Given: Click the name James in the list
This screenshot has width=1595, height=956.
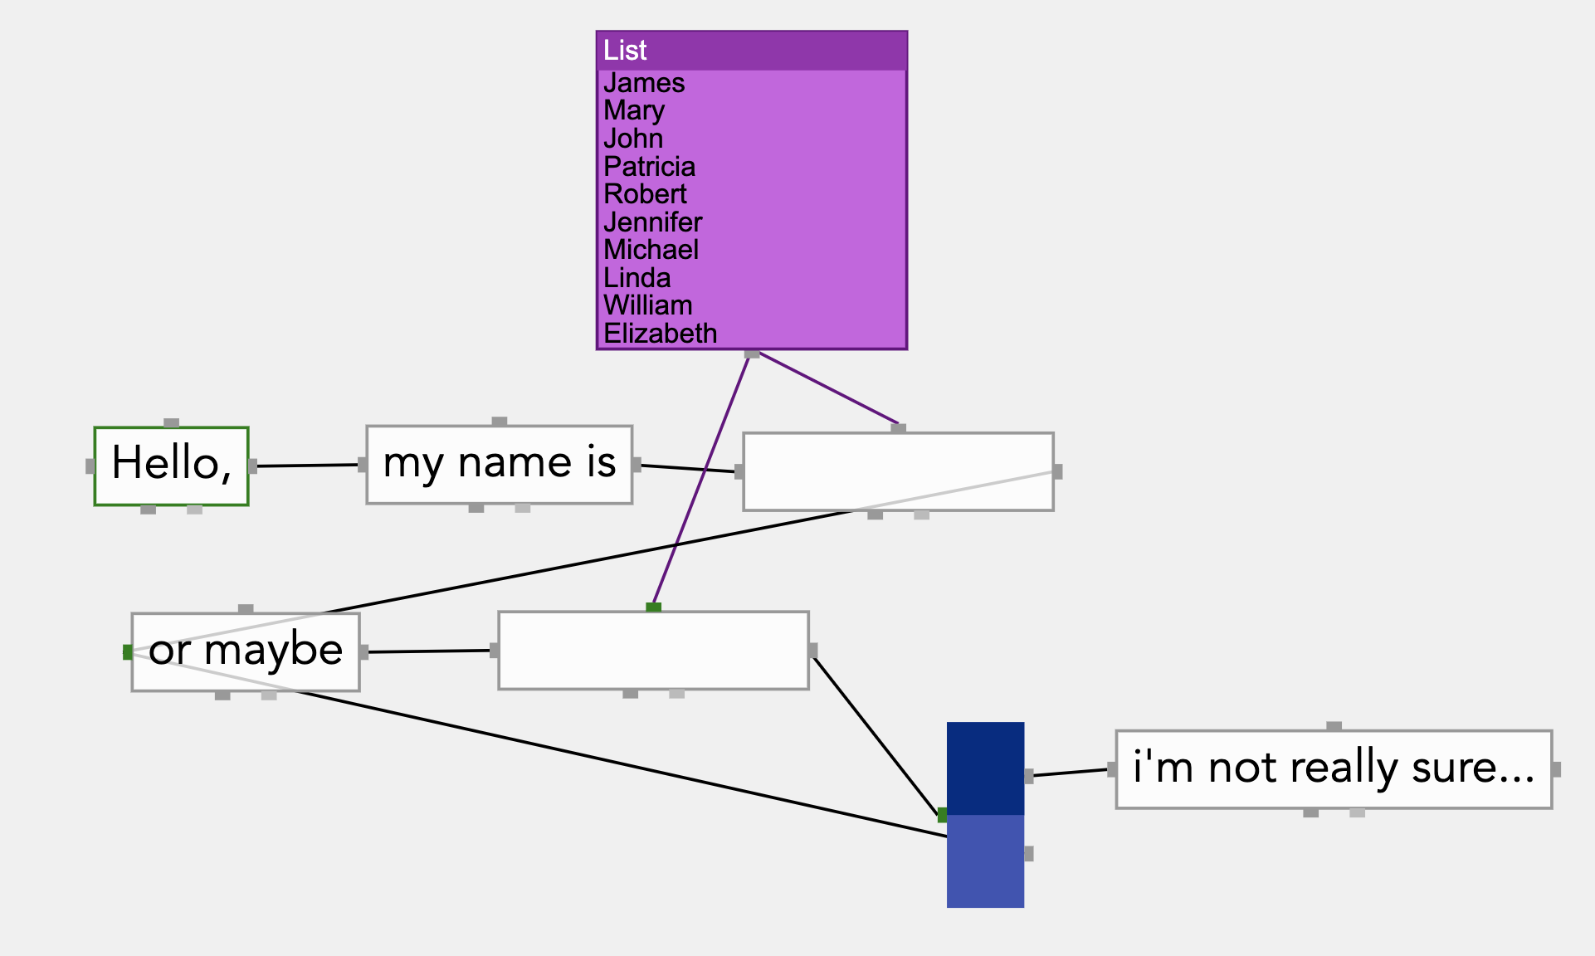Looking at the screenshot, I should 644,84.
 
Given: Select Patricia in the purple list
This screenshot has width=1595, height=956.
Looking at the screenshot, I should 649,167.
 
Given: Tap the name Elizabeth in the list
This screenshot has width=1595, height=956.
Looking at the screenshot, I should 660,334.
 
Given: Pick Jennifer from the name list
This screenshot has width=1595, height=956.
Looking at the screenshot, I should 652,222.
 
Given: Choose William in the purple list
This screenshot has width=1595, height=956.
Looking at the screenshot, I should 647,305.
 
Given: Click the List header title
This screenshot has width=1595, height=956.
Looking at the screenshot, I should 625,51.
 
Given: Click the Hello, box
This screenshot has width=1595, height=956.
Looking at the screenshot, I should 171,466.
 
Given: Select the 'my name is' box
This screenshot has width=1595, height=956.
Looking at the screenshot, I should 499,464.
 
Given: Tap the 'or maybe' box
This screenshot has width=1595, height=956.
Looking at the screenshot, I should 246,651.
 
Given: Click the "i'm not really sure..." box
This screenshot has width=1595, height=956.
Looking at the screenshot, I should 1333,768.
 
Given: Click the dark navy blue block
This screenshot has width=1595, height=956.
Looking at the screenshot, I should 985,768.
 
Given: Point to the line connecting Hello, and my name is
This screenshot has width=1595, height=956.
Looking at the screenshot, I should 307,466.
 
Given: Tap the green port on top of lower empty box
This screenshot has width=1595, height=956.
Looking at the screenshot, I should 654,607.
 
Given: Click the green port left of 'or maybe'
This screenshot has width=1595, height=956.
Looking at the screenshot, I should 127,652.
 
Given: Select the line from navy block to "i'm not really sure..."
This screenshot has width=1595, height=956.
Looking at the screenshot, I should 1071,773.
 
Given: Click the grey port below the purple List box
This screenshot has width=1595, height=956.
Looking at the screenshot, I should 752,354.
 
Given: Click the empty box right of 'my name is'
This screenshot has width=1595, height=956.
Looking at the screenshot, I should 898,471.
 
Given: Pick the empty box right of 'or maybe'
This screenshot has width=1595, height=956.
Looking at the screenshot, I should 653,650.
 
